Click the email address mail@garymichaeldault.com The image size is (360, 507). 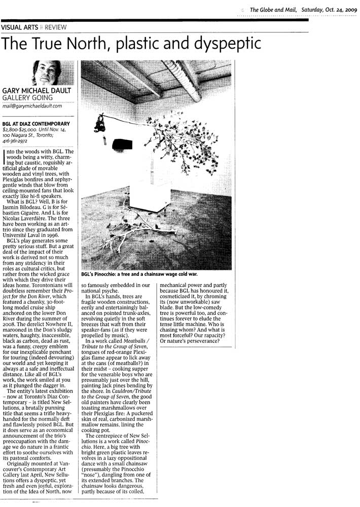32,106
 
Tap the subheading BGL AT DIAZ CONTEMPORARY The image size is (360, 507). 36,123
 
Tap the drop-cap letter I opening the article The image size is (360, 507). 5,157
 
